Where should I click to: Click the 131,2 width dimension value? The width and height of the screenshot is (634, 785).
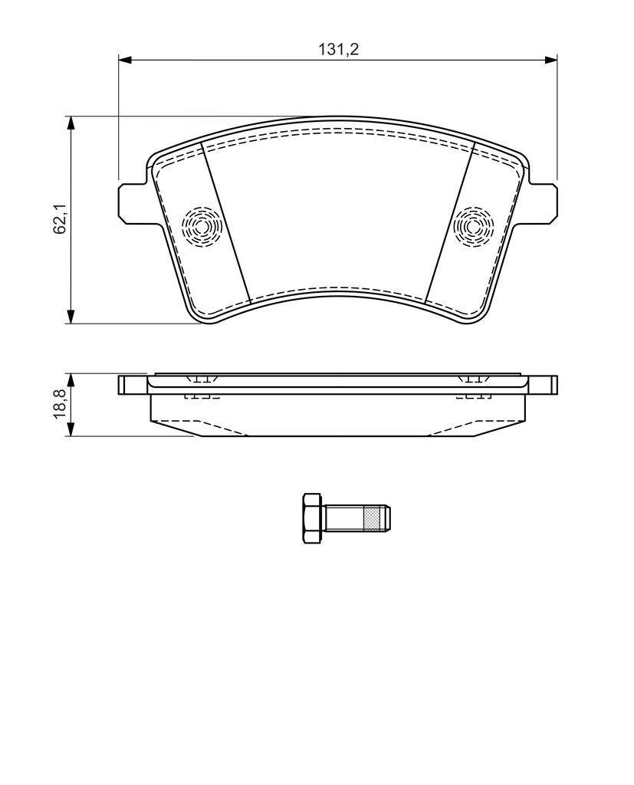339,49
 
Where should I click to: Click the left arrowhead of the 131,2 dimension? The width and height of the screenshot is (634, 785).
124,60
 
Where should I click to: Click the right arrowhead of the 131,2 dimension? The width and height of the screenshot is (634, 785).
551,60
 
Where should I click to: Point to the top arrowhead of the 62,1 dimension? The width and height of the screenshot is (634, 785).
71,123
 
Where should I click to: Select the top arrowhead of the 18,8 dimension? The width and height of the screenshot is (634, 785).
71,379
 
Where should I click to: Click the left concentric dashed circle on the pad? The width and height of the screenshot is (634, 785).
202,227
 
